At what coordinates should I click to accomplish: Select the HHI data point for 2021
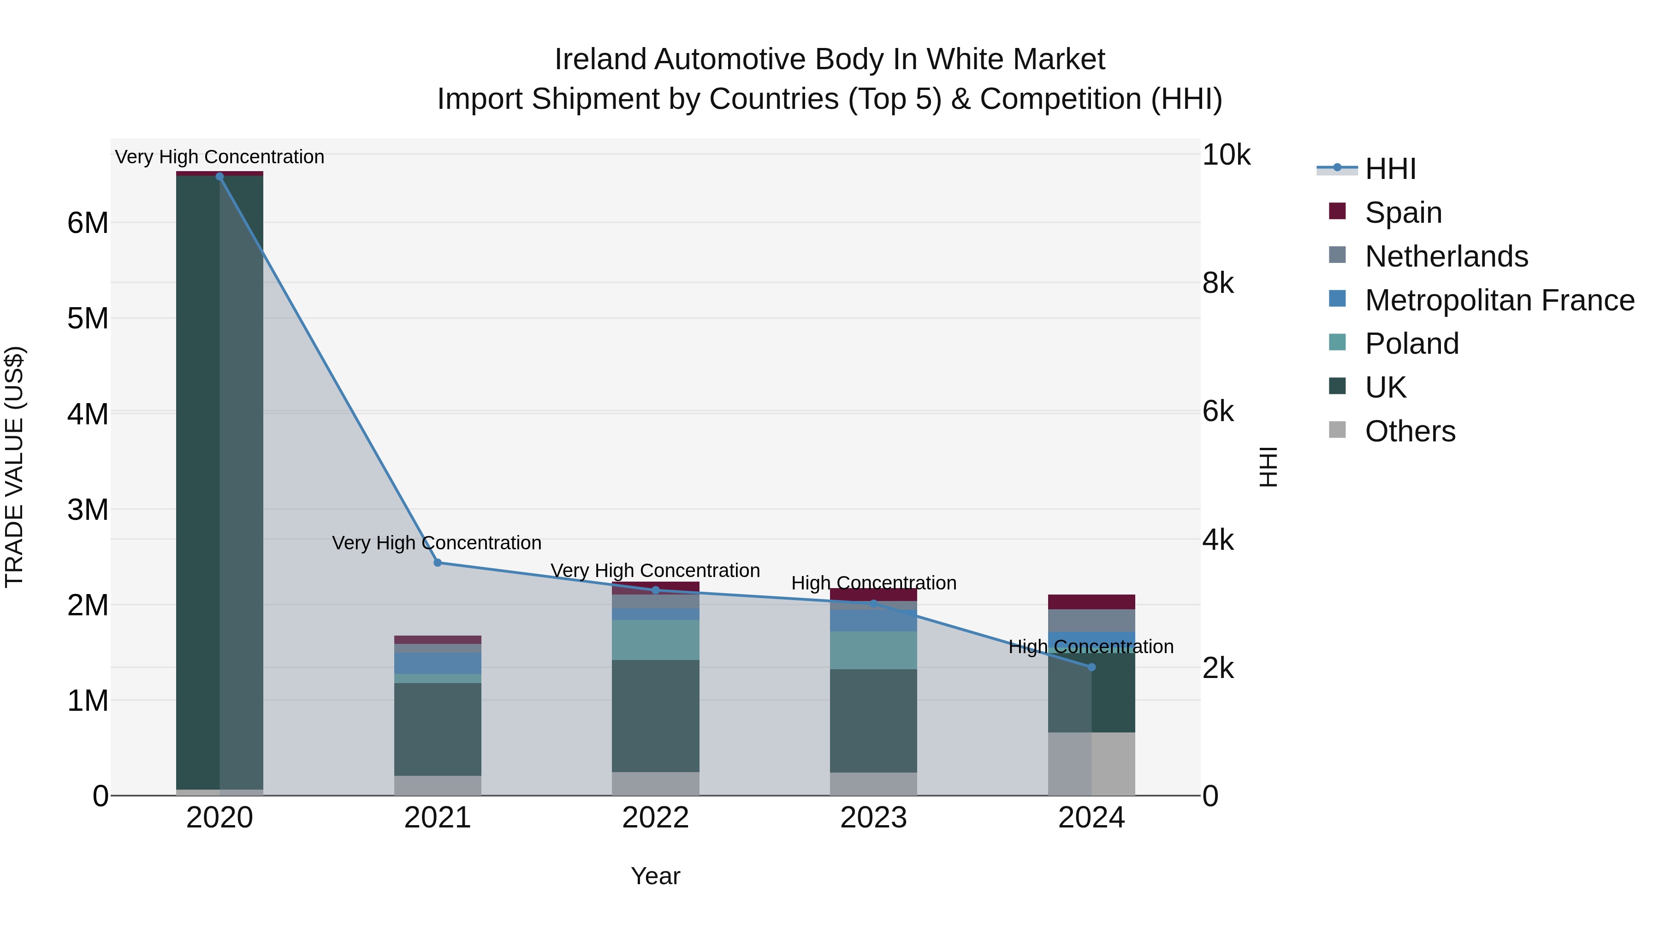coord(438,563)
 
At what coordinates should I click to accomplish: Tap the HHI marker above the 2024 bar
coord(1091,667)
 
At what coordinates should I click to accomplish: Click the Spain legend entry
coord(1402,212)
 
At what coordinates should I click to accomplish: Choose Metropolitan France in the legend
coord(1499,300)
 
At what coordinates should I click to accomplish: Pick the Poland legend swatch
coord(1337,342)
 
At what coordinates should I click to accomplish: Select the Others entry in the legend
coord(1409,431)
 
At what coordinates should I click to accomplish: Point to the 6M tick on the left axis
coord(88,223)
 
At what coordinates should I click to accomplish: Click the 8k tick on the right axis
coord(1218,283)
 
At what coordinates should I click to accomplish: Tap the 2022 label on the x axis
coord(655,818)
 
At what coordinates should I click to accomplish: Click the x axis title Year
coord(655,876)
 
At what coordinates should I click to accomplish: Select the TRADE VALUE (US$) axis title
coord(14,467)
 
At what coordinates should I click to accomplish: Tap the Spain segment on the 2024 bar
coord(1091,602)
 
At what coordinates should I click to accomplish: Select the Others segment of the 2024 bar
coord(1091,763)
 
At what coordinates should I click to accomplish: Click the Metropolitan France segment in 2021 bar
coord(438,663)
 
